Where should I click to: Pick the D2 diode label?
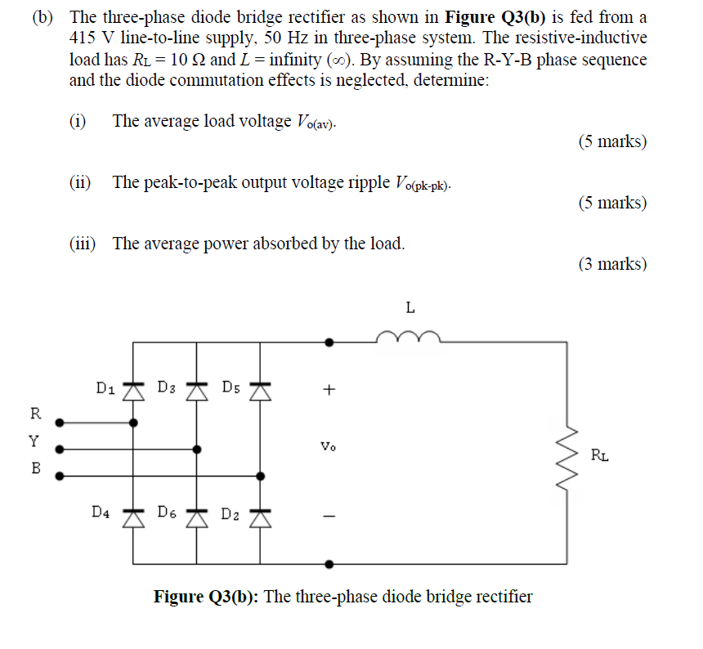230,515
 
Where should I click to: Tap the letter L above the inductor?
410,308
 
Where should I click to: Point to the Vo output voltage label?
328,448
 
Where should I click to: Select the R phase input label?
34,411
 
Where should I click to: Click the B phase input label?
34,469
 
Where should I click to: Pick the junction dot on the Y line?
196,449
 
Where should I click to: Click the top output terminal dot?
329,342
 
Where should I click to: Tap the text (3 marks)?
611,264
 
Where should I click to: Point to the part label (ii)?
80,181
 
